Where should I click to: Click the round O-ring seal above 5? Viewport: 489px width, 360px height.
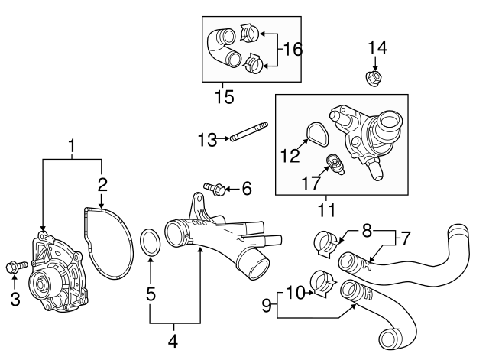point(151,242)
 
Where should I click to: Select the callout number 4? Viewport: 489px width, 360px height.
point(173,339)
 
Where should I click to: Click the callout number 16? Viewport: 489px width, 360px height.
point(292,49)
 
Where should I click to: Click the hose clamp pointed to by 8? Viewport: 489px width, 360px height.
point(325,243)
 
